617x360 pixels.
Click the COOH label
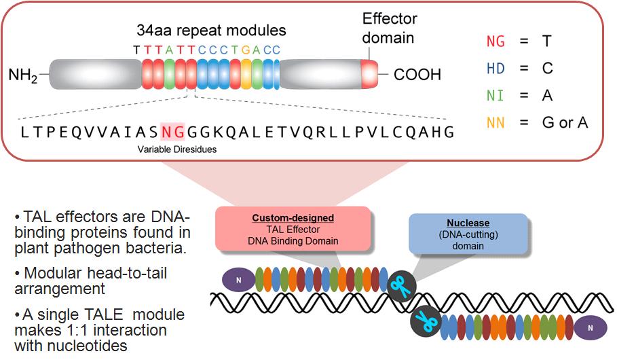[417, 74]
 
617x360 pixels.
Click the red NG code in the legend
[496, 41]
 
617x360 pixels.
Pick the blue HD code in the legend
[496, 69]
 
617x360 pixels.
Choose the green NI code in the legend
[496, 96]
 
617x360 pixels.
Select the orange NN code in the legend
[496, 123]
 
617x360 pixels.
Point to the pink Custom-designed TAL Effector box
[293, 229]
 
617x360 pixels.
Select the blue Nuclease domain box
[468, 233]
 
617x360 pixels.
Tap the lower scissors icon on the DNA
[426, 319]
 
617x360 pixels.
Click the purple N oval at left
[238, 279]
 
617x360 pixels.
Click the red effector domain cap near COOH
[369, 73]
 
